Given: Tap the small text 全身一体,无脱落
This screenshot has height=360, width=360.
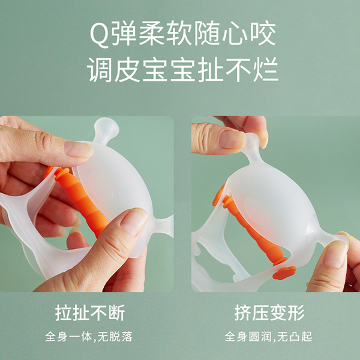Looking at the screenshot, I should click(90, 336).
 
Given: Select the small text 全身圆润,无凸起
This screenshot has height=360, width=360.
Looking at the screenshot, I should click(269, 336).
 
